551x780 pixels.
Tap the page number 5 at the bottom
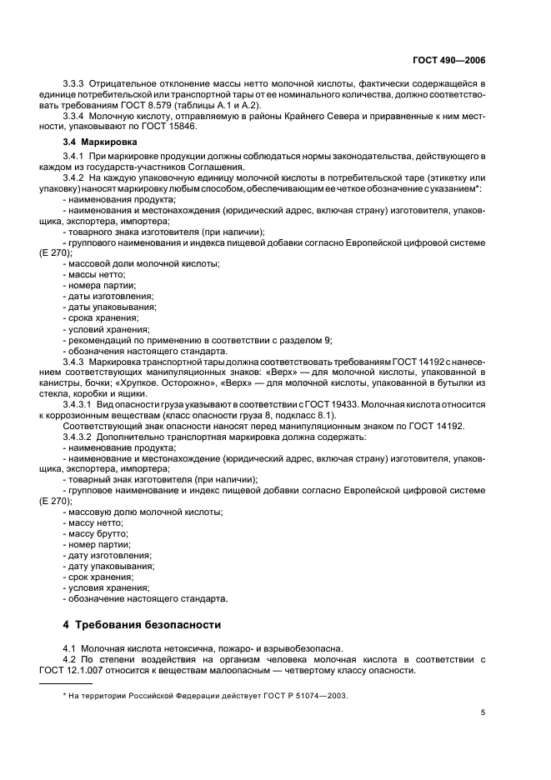(483, 712)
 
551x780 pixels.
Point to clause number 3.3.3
(78, 85)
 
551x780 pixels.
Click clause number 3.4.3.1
(81, 404)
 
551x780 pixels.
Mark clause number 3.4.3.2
(81, 437)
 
